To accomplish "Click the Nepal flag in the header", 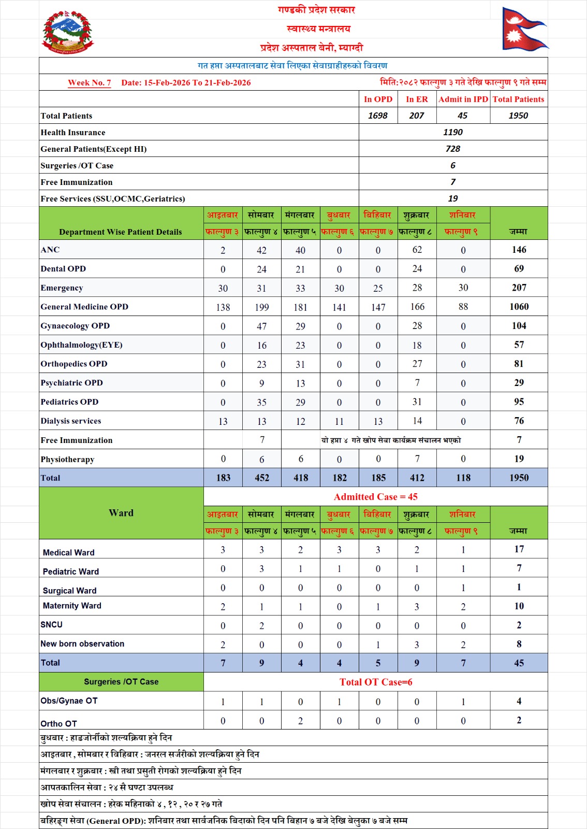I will pyautogui.click(x=524, y=30).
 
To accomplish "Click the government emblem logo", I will pyautogui.click(x=67, y=33).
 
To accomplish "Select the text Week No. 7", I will pyautogui.click(x=90, y=83).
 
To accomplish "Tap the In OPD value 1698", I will pyautogui.click(x=378, y=116).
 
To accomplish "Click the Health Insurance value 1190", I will pyautogui.click(x=453, y=132).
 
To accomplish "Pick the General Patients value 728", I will pyautogui.click(x=453, y=149).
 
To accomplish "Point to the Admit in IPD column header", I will pyautogui.click(x=463, y=99).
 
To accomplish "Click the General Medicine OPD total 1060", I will pyautogui.click(x=519, y=307).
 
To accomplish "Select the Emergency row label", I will pyautogui.click(x=62, y=288).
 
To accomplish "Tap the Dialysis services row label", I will pyautogui.click(x=71, y=421).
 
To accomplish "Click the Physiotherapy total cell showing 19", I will pyautogui.click(x=519, y=459).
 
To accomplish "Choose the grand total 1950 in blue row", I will pyautogui.click(x=519, y=478).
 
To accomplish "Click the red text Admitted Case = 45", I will pyautogui.click(x=375, y=497).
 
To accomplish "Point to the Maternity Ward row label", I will pyautogui.click(x=72, y=606).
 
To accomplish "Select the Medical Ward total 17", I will pyautogui.click(x=519, y=549).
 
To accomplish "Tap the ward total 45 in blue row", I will pyautogui.click(x=519, y=663).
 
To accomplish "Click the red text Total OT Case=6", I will pyautogui.click(x=376, y=682).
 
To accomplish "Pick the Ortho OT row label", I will pyautogui.click(x=58, y=724).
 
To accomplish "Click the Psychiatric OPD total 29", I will pyautogui.click(x=519, y=383).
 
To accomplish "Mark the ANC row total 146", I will pyautogui.click(x=519, y=250).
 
